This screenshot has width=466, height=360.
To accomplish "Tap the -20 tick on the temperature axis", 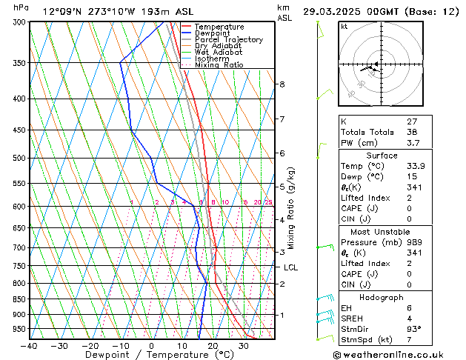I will [90, 345].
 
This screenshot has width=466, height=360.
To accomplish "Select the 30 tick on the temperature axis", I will [243, 345].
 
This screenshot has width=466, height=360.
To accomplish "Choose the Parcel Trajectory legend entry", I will [228, 40].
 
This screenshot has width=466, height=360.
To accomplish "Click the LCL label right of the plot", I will [290, 267].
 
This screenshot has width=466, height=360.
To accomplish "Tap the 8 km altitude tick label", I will [282, 84].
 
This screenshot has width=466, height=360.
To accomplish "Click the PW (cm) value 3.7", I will [412, 143].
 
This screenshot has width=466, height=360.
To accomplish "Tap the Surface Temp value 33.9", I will [415, 167].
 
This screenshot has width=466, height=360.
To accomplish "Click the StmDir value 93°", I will [414, 330].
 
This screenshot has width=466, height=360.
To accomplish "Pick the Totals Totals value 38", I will [412, 132].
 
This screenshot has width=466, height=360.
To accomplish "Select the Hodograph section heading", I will [382, 297].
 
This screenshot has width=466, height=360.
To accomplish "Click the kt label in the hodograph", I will [344, 26].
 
